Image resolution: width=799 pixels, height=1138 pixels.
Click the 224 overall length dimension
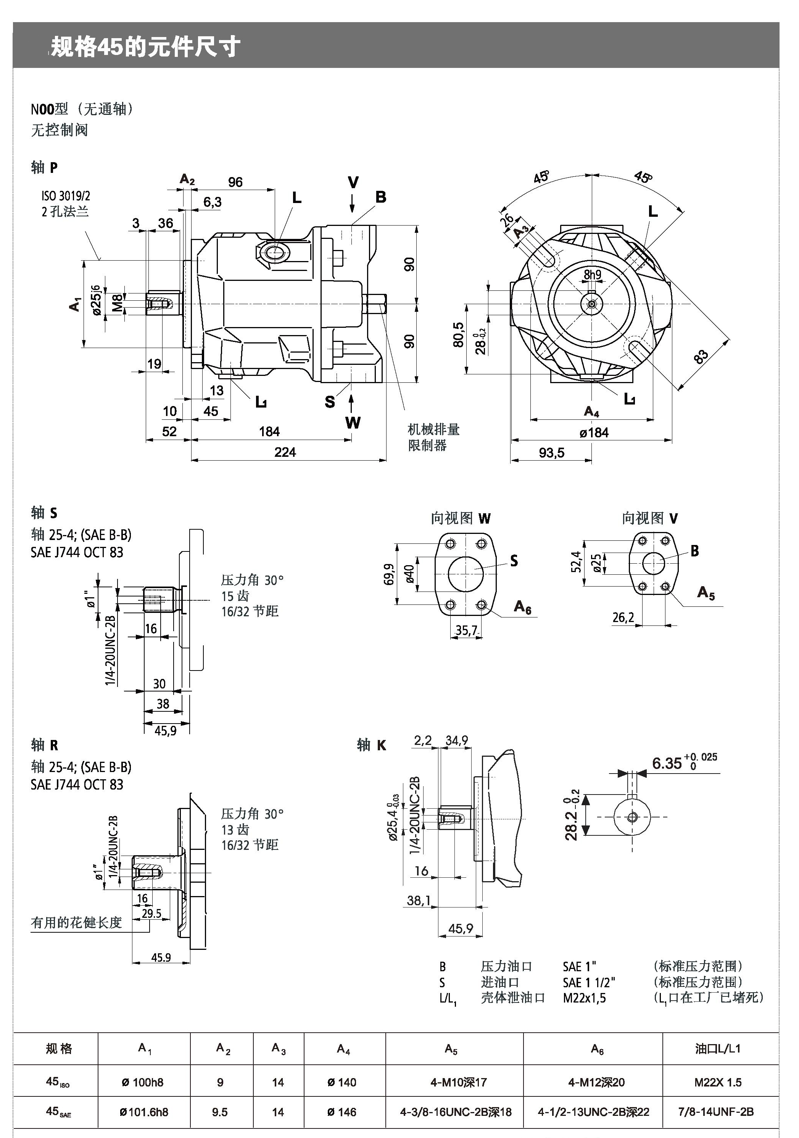pos(285,452)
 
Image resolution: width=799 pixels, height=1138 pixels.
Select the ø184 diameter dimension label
pos(594,433)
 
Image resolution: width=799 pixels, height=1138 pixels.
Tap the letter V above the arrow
pos(353,182)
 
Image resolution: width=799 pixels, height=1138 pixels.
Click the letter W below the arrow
pos(353,423)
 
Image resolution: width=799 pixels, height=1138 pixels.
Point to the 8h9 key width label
pos(592,275)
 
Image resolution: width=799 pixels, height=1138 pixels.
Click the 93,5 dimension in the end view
pos(552,453)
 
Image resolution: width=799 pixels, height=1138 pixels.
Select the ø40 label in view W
pos(410,574)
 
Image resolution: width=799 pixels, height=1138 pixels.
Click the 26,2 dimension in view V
pos(623,617)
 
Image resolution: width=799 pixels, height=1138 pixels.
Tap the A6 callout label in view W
pos(522,607)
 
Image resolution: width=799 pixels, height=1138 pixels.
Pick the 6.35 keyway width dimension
pos(667,763)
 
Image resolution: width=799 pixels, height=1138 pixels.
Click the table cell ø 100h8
pos(143,1083)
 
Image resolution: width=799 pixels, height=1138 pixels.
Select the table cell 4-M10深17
pos(459,1083)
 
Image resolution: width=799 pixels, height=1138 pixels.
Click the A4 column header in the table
pos(343,1049)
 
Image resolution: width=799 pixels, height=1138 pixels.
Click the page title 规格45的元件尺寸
pos(146,47)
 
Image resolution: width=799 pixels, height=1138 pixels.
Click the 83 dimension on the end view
pos(701,357)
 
